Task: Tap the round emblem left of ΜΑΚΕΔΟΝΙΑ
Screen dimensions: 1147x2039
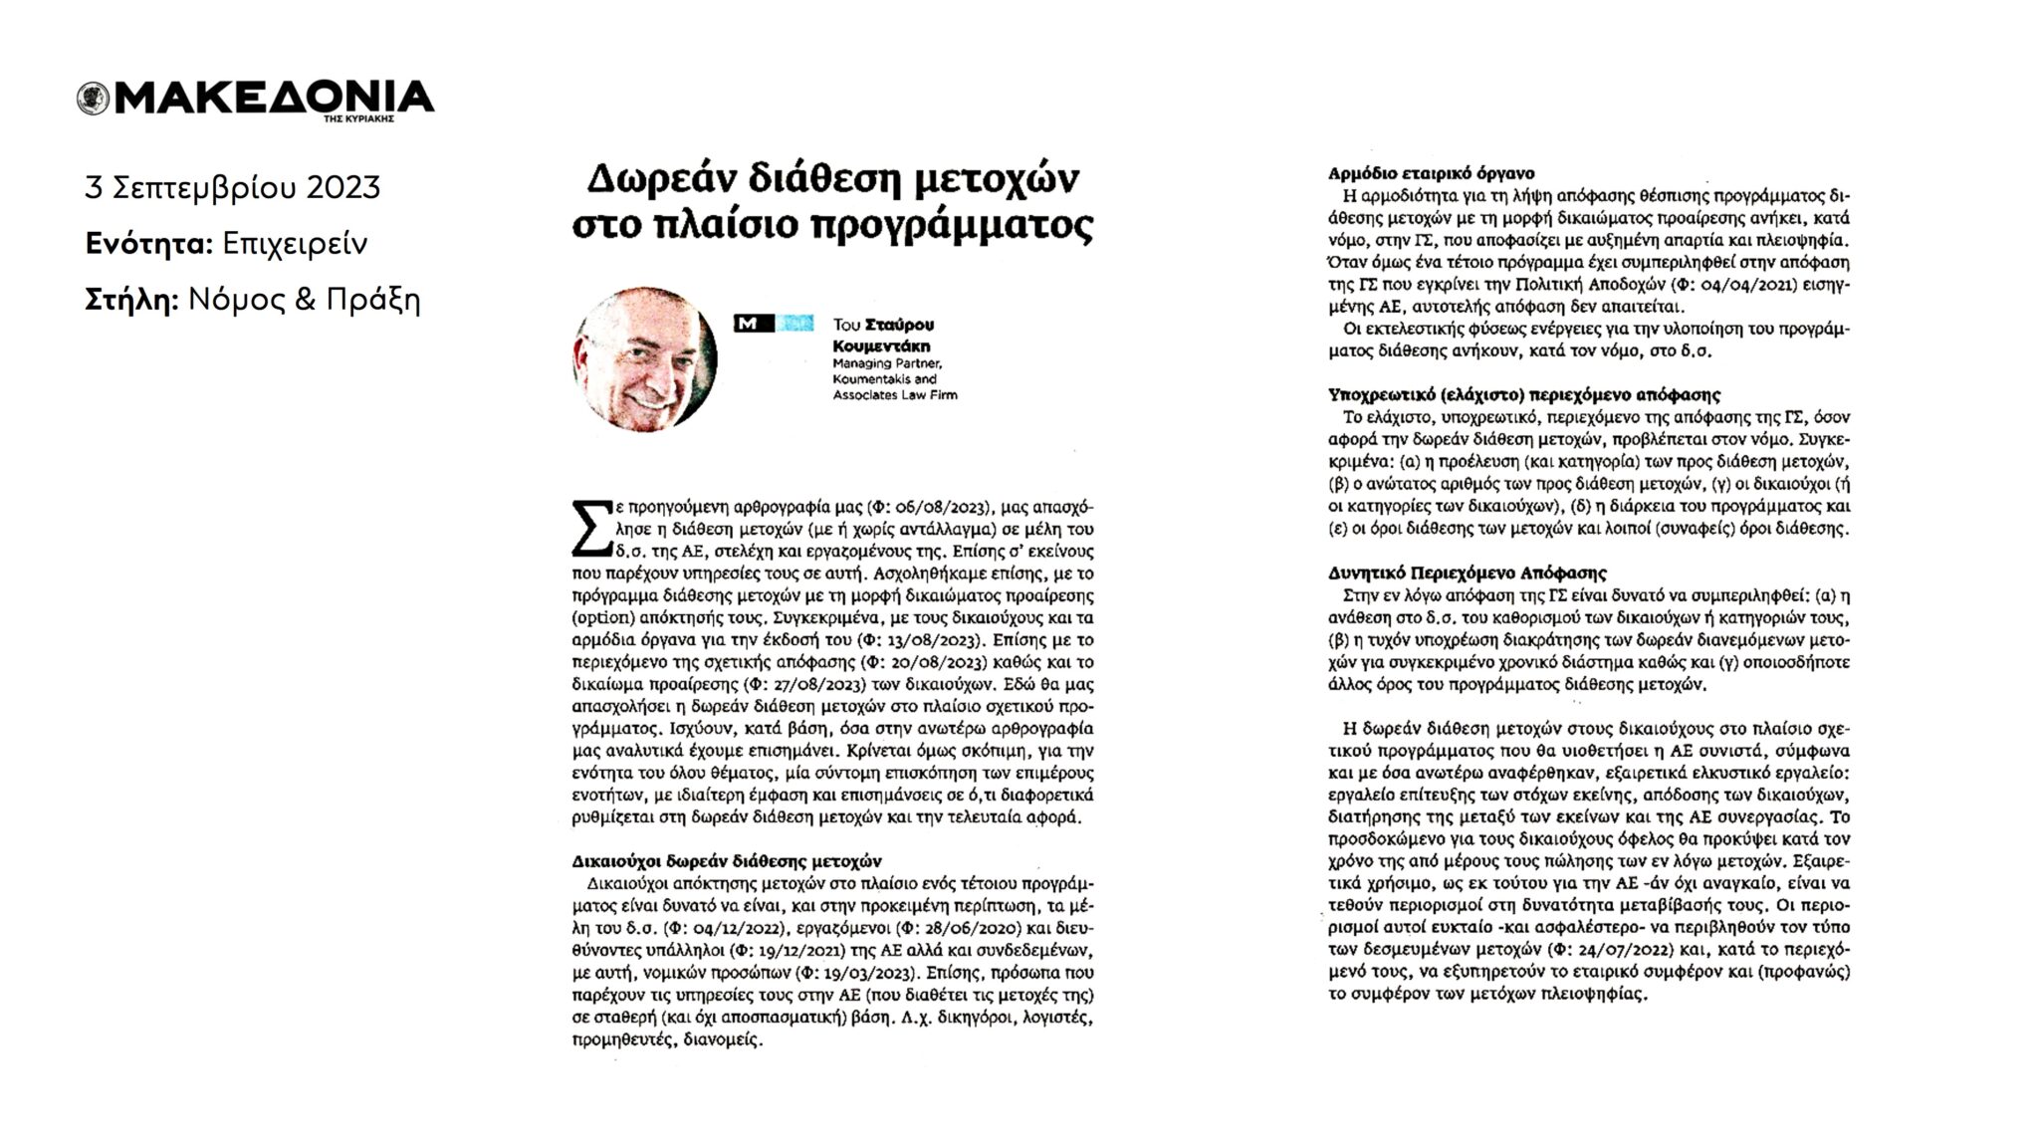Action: pyautogui.click(x=93, y=99)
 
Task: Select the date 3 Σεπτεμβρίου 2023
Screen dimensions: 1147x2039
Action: pyautogui.click(x=233, y=187)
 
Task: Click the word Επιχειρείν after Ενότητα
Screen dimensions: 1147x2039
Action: pyautogui.click(x=295, y=244)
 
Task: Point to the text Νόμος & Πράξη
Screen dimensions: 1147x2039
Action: pyautogui.click(x=304, y=300)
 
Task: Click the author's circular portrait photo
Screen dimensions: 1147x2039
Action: pyautogui.click(x=645, y=359)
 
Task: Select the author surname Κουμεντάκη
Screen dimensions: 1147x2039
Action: pyautogui.click(x=881, y=346)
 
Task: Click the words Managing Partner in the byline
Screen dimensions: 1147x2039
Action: pyautogui.click(x=887, y=363)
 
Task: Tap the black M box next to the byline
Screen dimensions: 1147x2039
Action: pyautogui.click(x=753, y=324)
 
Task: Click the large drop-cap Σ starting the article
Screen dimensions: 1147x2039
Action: pyautogui.click(x=590, y=529)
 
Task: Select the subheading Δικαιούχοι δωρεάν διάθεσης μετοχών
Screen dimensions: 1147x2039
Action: pyautogui.click(x=727, y=861)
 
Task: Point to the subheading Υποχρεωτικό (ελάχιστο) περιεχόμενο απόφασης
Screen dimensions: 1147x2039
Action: pyautogui.click(x=1524, y=395)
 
